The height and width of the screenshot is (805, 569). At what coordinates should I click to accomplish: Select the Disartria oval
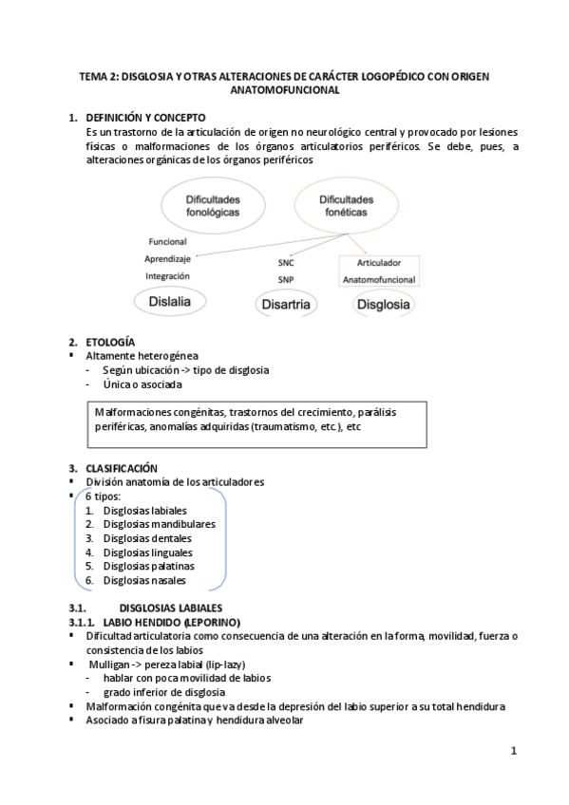click(x=286, y=305)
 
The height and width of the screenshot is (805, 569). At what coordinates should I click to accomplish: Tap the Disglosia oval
click(x=382, y=305)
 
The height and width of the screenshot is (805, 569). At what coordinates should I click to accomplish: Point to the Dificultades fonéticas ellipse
click(x=346, y=207)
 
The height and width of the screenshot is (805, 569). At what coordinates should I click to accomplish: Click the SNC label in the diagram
click(x=286, y=261)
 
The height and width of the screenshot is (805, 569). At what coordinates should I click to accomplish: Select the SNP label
click(x=286, y=279)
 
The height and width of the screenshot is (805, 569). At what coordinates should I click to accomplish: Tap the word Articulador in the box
click(x=378, y=262)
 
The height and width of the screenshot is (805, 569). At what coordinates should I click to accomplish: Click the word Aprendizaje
click(x=168, y=258)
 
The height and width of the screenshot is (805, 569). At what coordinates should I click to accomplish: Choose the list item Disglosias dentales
click(x=147, y=537)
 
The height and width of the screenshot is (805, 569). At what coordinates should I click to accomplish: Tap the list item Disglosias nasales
click(x=144, y=580)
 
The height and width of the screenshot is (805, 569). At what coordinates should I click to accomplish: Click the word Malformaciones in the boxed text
click(x=130, y=412)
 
